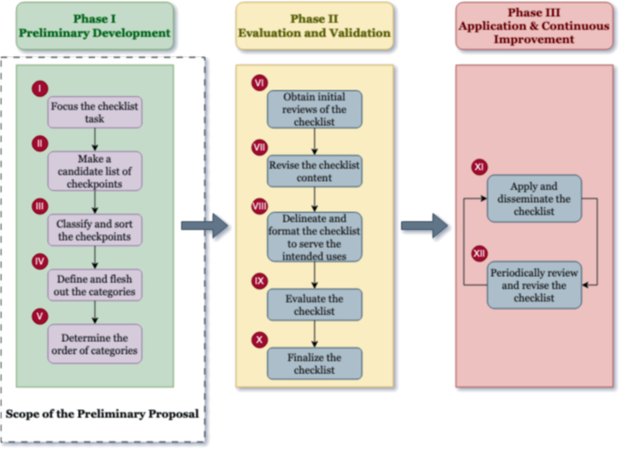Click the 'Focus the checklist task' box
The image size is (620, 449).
tap(94, 112)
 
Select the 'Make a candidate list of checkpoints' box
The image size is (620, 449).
tap(94, 170)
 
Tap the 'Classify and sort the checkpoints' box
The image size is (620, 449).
tap(94, 229)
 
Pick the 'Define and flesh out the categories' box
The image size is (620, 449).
tap(94, 285)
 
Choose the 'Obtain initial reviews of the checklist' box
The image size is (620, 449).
tap(314, 109)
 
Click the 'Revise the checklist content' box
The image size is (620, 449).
tap(314, 171)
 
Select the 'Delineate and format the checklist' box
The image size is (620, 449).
tap(314, 236)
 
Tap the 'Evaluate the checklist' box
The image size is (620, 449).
tap(314, 304)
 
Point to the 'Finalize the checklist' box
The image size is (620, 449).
tap(314, 363)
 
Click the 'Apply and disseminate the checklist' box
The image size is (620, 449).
tap(534, 198)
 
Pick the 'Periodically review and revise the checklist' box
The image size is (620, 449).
tap(534, 285)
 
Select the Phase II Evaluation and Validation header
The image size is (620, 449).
tap(314, 25)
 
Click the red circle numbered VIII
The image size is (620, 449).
tap(259, 206)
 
